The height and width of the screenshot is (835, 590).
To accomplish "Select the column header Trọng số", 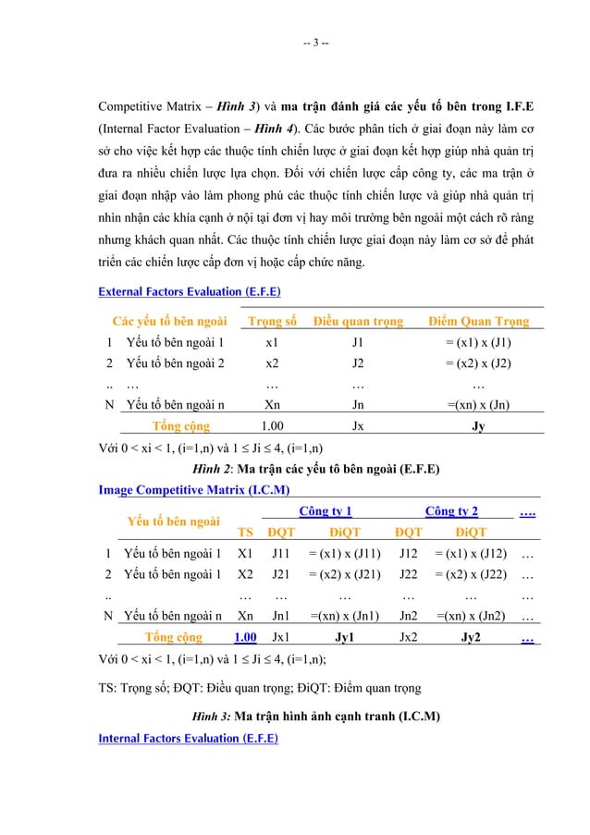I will coord(272,322).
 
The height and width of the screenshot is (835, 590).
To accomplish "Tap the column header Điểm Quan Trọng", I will coord(478,322).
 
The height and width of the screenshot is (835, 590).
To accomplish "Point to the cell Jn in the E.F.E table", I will coord(358,403).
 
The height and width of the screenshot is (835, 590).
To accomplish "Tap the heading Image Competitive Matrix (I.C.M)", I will coord(195,489).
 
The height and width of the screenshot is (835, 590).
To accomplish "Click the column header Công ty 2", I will coord(451,511).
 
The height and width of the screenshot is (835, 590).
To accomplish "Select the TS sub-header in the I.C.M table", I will coord(245,533).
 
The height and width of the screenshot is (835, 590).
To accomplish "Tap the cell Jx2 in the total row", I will coord(407,636).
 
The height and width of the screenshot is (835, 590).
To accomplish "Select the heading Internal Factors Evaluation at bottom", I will coord(188,737).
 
